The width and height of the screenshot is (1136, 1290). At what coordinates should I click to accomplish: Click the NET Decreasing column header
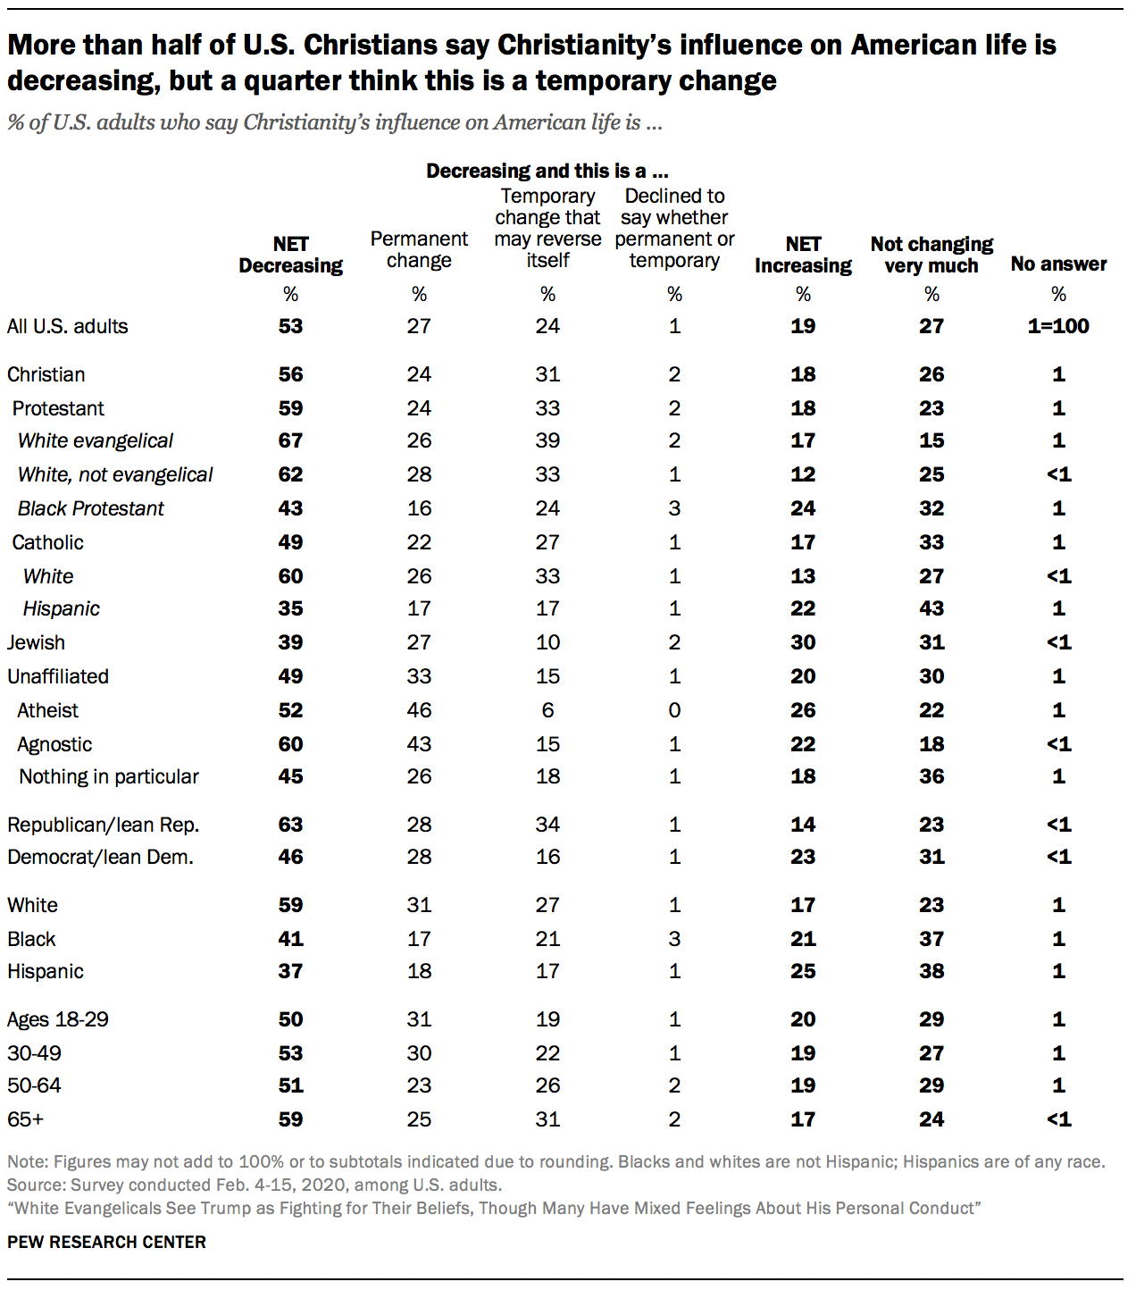[290, 255]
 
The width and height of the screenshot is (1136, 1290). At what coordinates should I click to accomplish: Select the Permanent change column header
[419, 249]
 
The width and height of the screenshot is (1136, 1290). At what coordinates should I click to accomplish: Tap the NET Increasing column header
[803, 255]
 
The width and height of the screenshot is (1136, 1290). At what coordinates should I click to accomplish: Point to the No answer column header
[1058, 264]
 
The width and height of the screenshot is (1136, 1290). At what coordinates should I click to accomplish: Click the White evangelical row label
[96, 440]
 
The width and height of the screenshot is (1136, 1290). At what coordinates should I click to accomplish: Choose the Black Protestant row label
[91, 508]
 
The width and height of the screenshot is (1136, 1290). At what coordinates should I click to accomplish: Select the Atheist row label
[48, 710]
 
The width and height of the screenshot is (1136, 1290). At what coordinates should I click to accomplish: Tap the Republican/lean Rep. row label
[103, 825]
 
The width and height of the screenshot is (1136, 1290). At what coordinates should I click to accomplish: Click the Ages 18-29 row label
[58, 1019]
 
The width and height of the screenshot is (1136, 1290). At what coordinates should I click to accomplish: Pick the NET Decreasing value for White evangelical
[290, 440]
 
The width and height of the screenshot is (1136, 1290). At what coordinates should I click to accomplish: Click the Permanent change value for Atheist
[419, 710]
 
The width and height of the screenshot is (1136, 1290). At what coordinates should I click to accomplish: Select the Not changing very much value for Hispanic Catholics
[931, 608]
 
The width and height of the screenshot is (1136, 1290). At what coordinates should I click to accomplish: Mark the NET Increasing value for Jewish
[803, 642]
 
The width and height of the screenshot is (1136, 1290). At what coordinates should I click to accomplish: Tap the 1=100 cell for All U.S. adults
[1058, 326]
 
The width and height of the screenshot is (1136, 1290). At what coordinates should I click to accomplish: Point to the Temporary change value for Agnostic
[547, 744]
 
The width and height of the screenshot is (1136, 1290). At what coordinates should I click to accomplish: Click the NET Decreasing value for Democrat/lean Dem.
[290, 857]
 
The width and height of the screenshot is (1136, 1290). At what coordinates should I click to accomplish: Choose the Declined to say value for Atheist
[674, 710]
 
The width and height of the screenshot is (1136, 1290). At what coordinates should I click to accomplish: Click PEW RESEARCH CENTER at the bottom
[106, 1242]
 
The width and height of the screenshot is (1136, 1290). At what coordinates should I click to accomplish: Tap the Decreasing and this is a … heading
[547, 171]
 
